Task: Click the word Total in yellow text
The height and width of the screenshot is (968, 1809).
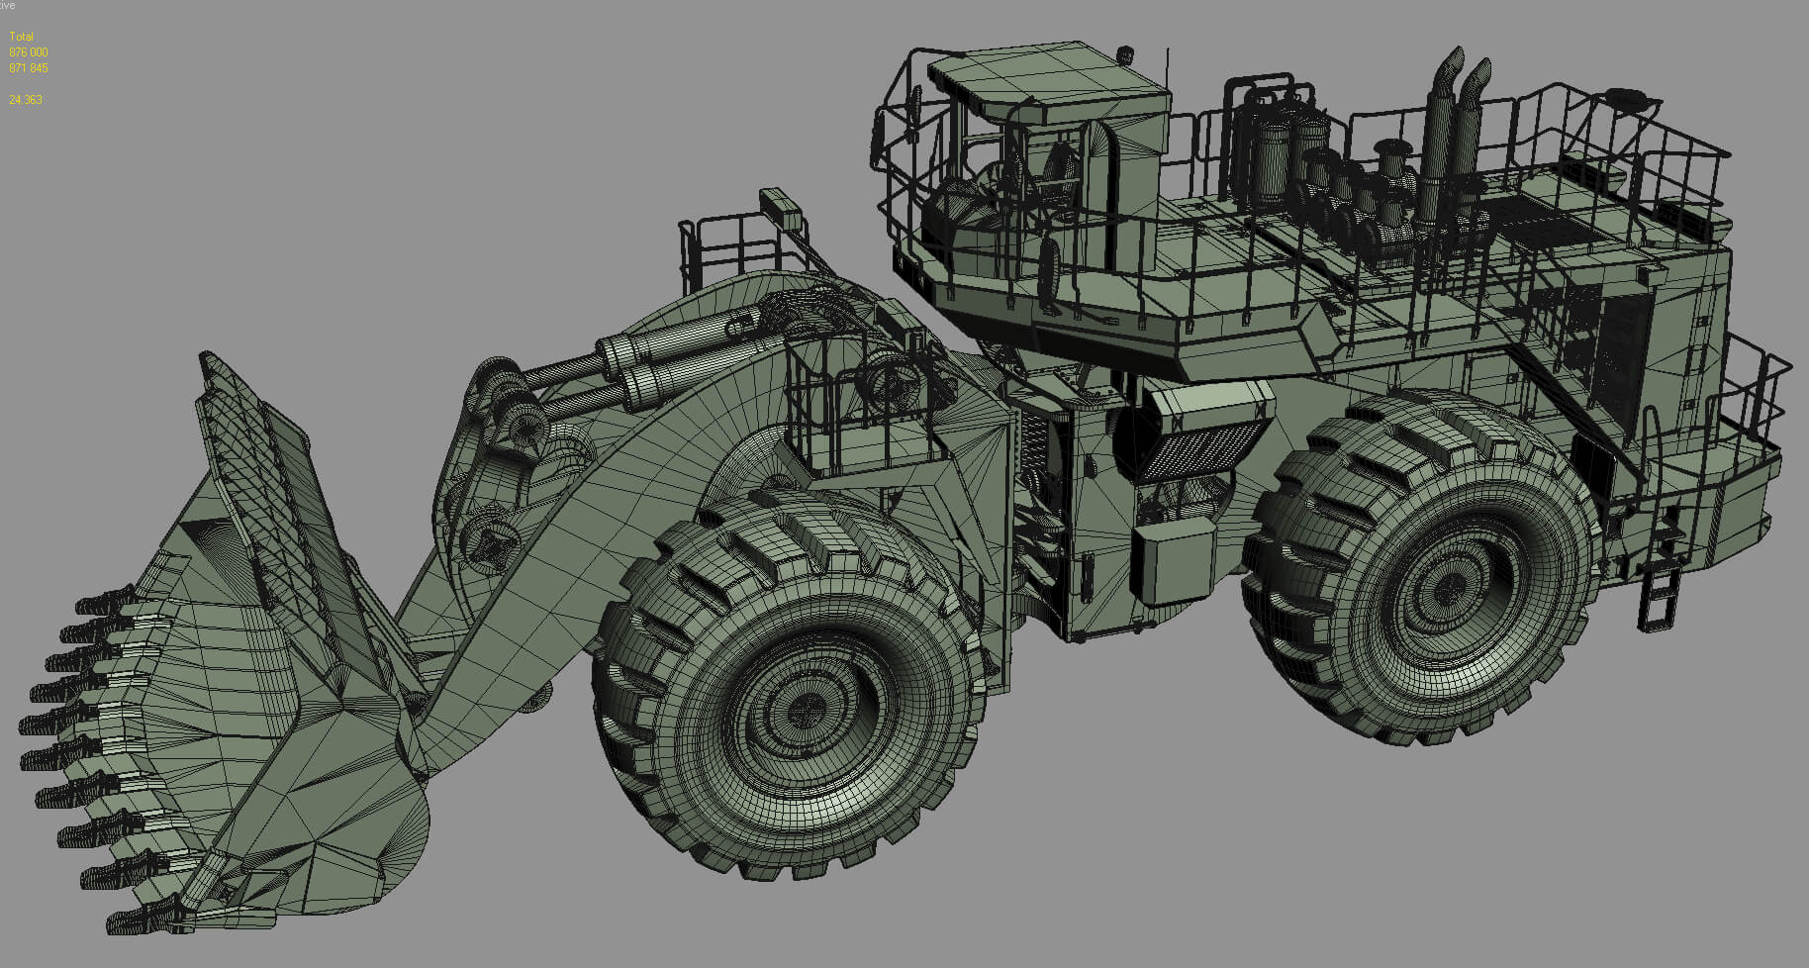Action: click(21, 37)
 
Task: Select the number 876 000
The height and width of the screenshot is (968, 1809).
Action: click(28, 52)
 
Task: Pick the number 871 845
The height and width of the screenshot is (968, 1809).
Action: click(28, 68)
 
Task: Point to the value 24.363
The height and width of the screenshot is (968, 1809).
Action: click(25, 100)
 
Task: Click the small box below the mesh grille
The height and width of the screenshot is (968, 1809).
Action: click(1174, 564)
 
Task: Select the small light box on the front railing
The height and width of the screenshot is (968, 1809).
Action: click(782, 206)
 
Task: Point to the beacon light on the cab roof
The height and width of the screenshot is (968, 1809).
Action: click(1123, 53)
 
